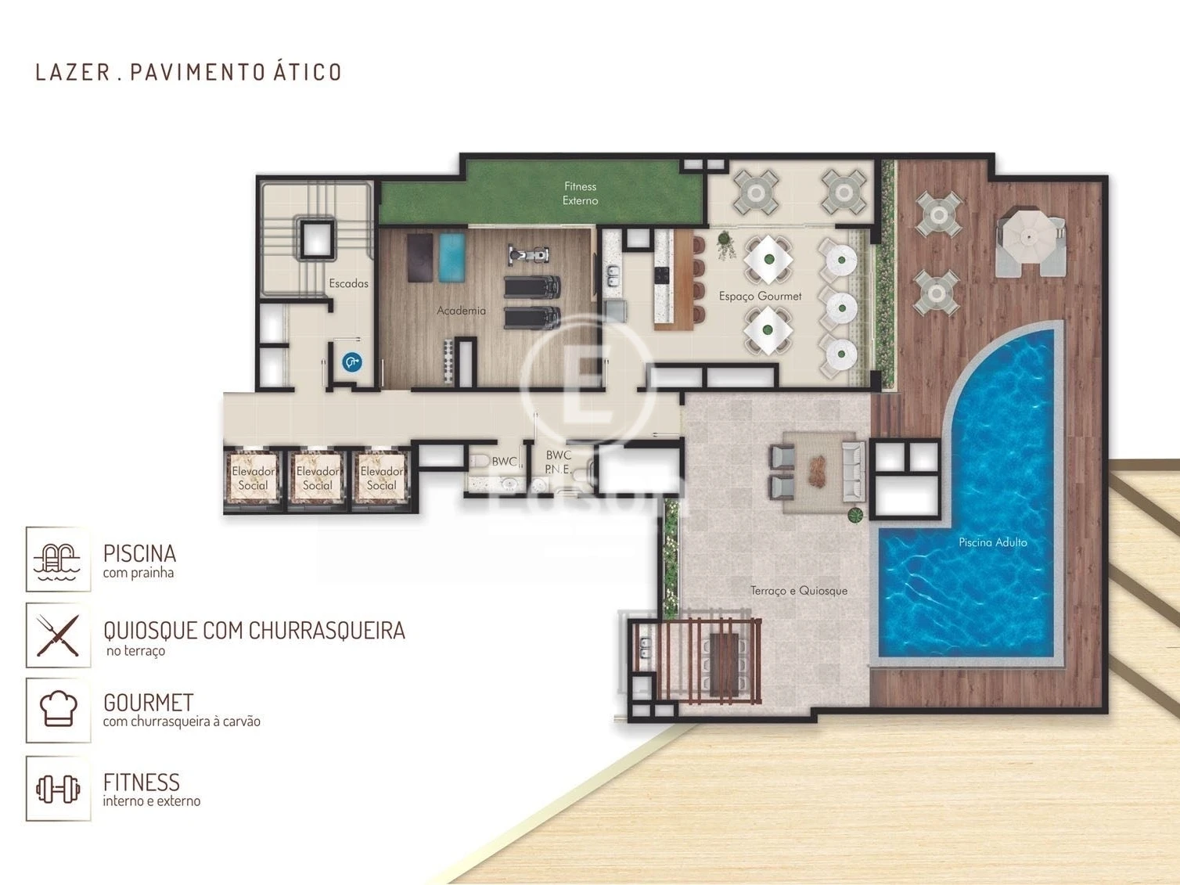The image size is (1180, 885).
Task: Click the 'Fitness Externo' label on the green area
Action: (x=580, y=193)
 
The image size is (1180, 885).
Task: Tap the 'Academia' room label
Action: (x=461, y=311)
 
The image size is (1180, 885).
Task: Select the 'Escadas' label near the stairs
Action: (x=348, y=283)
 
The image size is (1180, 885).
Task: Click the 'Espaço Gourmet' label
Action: (x=760, y=296)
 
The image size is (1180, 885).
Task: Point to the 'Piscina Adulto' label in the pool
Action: (x=992, y=541)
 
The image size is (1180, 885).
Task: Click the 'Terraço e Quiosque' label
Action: (x=798, y=590)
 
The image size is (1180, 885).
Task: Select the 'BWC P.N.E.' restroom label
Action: (x=558, y=462)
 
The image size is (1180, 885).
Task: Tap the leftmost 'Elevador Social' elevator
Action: (x=253, y=478)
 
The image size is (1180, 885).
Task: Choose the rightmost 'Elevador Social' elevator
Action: (x=381, y=478)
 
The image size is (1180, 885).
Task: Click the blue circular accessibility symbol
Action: (x=352, y=362)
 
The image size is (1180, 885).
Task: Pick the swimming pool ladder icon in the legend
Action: (x=58, y=560)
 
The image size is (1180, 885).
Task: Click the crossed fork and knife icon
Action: (x=58, y=635)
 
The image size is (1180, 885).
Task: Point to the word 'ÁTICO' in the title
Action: (x=308, y=72)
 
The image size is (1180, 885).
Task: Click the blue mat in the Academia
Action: (x=451, y=257)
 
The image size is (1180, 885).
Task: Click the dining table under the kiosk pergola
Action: (x=725, y=663)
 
